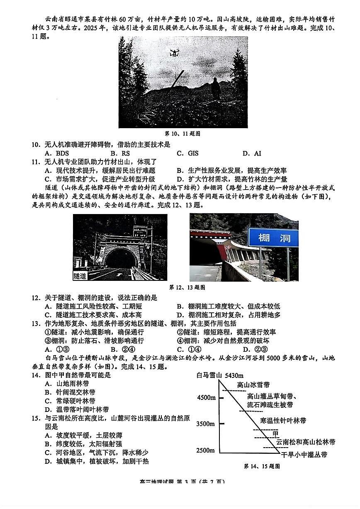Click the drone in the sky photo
tap(174, 53)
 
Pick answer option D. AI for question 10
tap(252, 153)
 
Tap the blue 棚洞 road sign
tap(273, 238)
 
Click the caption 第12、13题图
tap(187, 287)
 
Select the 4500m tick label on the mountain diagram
tap(206, 397)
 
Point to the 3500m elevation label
tap(206, 424)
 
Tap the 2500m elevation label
tap(206, 451)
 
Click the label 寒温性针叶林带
tap(283, 421)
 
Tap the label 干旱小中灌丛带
tap(304, 455)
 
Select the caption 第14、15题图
tap(261, 466)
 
